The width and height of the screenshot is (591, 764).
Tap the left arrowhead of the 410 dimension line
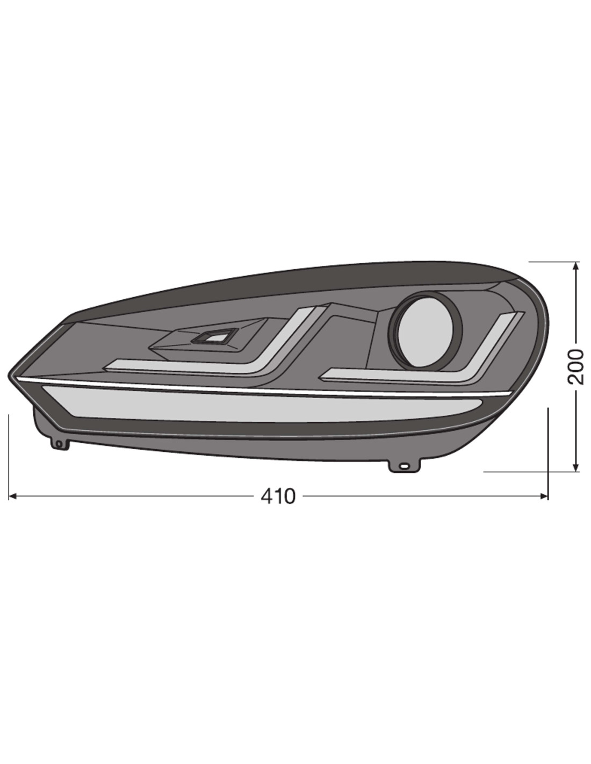(13, 496)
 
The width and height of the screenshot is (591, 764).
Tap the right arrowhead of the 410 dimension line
(544, 496)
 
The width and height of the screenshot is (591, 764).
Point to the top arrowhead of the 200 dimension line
(576, 266)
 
